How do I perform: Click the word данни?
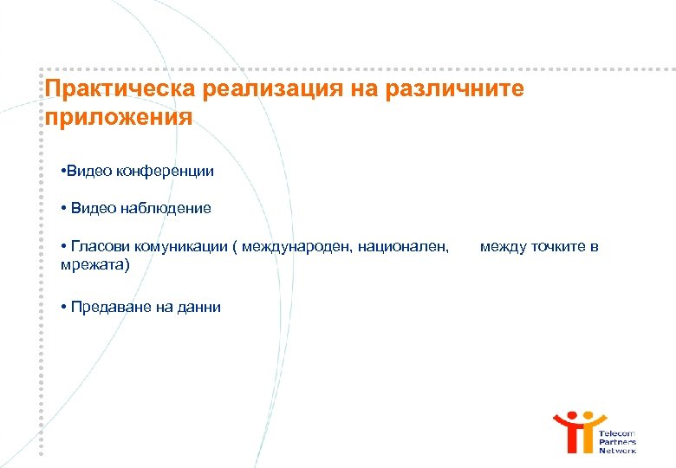click(200, 307)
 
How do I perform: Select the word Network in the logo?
click(617, 451)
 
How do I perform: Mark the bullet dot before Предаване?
click(65, 307)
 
